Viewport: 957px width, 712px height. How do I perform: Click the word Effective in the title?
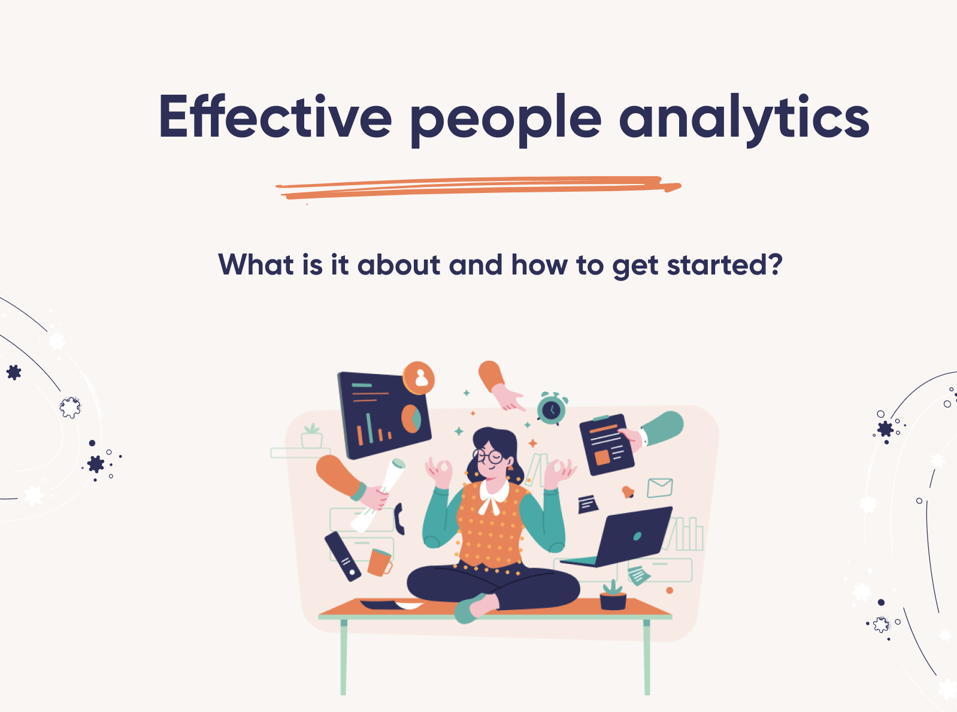(x=275, y=117)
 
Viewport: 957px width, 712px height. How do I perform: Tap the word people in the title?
(x=505, y=120)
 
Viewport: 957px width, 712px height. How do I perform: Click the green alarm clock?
(x=552, y=409)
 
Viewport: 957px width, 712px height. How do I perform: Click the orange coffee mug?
(x=379, y=562)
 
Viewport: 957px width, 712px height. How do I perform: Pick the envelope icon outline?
(x=660, y=488)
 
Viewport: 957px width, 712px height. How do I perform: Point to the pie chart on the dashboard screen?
(x=411, y=418)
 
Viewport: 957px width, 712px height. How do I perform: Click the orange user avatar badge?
(x=419, y=378)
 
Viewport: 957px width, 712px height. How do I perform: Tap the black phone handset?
(x=399, y=518)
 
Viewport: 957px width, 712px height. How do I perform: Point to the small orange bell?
(x=628, y=492)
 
